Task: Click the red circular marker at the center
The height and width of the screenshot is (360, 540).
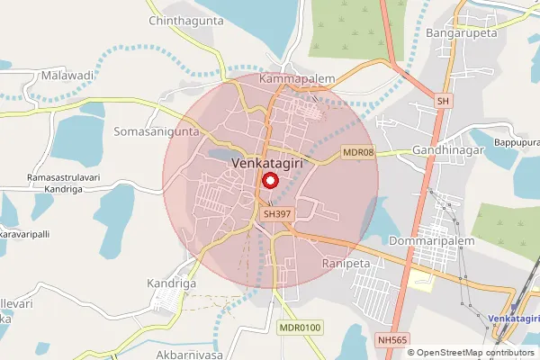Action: click(269, 180)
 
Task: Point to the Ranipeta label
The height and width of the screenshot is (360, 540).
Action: click(346, 263)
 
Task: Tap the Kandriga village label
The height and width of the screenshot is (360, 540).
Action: click(171, 283)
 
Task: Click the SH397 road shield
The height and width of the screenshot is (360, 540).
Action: click(274, 215)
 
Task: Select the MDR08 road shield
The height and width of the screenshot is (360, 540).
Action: click(357, 154)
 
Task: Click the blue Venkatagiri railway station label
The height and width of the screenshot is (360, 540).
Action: click(514, 319)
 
